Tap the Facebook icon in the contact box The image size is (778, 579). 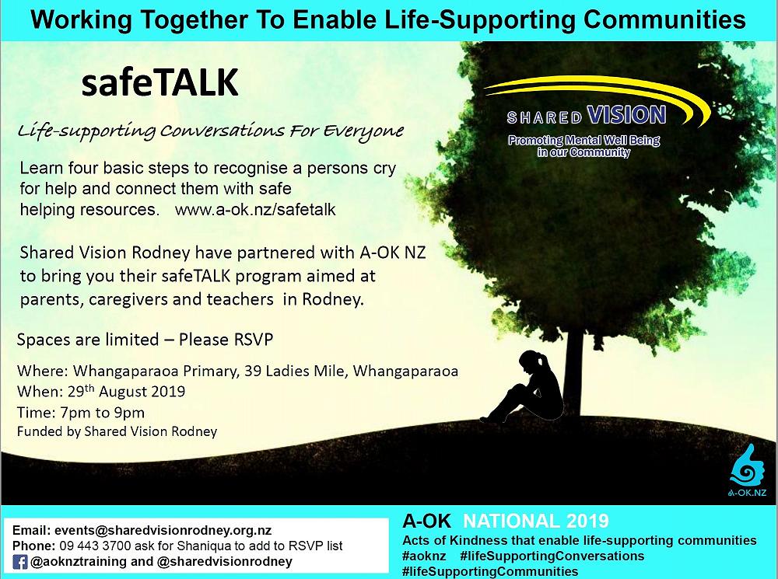[19, 561]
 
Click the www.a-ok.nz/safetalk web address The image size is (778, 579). [255, 210]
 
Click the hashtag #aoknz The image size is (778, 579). [425, 556]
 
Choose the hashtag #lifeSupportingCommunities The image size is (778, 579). [489, 571]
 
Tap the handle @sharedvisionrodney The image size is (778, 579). [225, 561]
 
